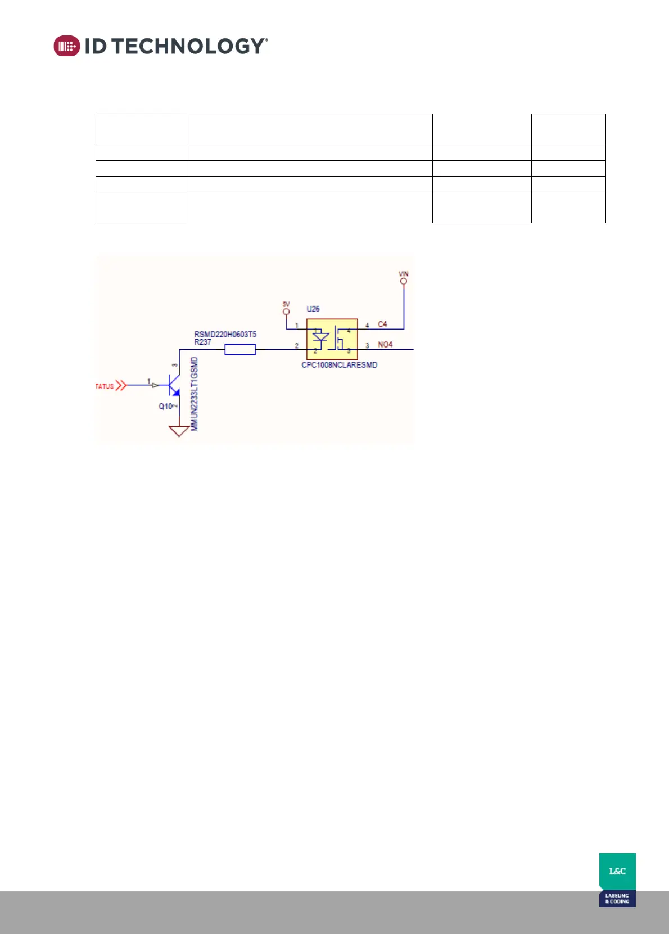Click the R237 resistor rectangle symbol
(240, 350)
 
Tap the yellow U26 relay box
(332, 339)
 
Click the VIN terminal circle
(404, 281)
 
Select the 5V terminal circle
(286, 312)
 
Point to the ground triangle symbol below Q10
(179, 431)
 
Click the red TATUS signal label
(105, 386)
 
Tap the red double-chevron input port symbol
(121, 386)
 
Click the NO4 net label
(385, 345)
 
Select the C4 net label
(382, 324)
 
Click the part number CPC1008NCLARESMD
(339, 365)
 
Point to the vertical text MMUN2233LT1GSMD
(195, 394)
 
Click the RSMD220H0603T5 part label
(225, 335)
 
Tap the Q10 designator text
(165, 406)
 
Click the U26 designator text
(313, 309)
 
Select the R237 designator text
(202, 342)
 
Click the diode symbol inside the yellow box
(320, 337)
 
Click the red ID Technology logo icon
(67, 46)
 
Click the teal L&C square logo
(617, 871)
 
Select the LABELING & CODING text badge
(617, 898)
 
